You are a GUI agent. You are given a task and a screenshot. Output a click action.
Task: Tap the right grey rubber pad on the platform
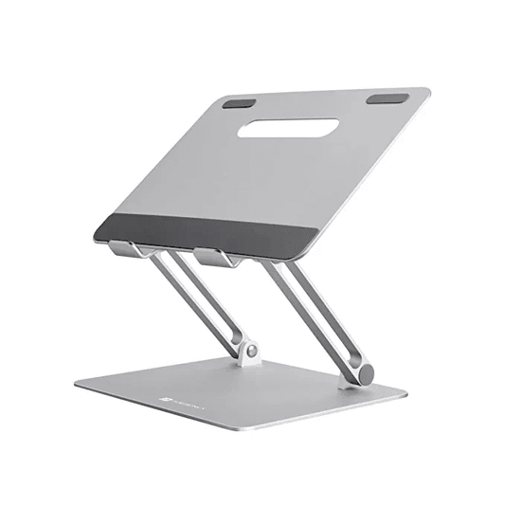pyautogui.click(x=388, y=99)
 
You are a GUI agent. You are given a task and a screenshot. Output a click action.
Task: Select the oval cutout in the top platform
pyautogui.click(x=287, y=128)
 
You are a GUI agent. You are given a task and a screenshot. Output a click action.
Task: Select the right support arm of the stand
pyautogui.click(x=313, y=313)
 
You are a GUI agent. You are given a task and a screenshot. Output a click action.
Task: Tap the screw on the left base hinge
pyautogui.click(x=252, y=352)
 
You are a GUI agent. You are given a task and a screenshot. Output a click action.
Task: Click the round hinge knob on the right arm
pyautogui.click(x=364, y=371)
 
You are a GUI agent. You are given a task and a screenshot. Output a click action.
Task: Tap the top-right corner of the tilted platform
pyautogui.click(x=428, y=91)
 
